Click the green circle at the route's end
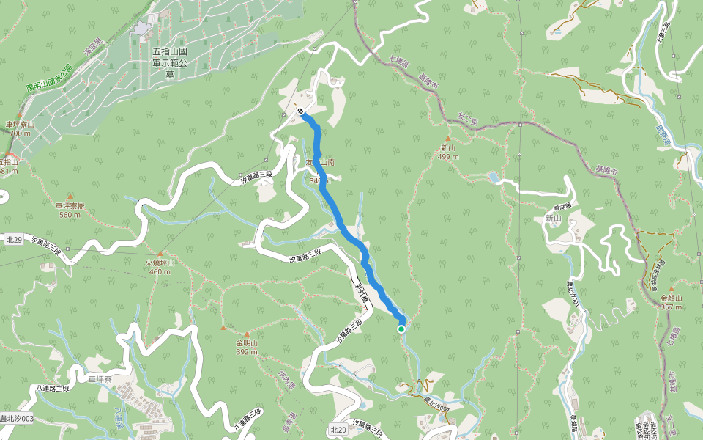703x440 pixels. coord(401,329)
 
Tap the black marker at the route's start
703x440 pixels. coord(302,112)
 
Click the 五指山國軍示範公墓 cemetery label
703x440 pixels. coord(170,63)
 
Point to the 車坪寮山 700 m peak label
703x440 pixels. coord(21,129)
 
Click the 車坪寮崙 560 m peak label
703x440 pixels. coord(70,210)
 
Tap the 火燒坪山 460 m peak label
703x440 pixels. coord(159,267)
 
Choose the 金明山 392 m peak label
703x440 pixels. coord(246,347)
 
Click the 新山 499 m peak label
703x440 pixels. coord(447,152)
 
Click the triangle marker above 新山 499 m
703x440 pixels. coord(447,138)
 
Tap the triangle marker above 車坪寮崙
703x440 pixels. coord(70,197)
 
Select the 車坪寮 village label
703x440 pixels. coord(99,379)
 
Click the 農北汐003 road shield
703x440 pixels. coord(16,419)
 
